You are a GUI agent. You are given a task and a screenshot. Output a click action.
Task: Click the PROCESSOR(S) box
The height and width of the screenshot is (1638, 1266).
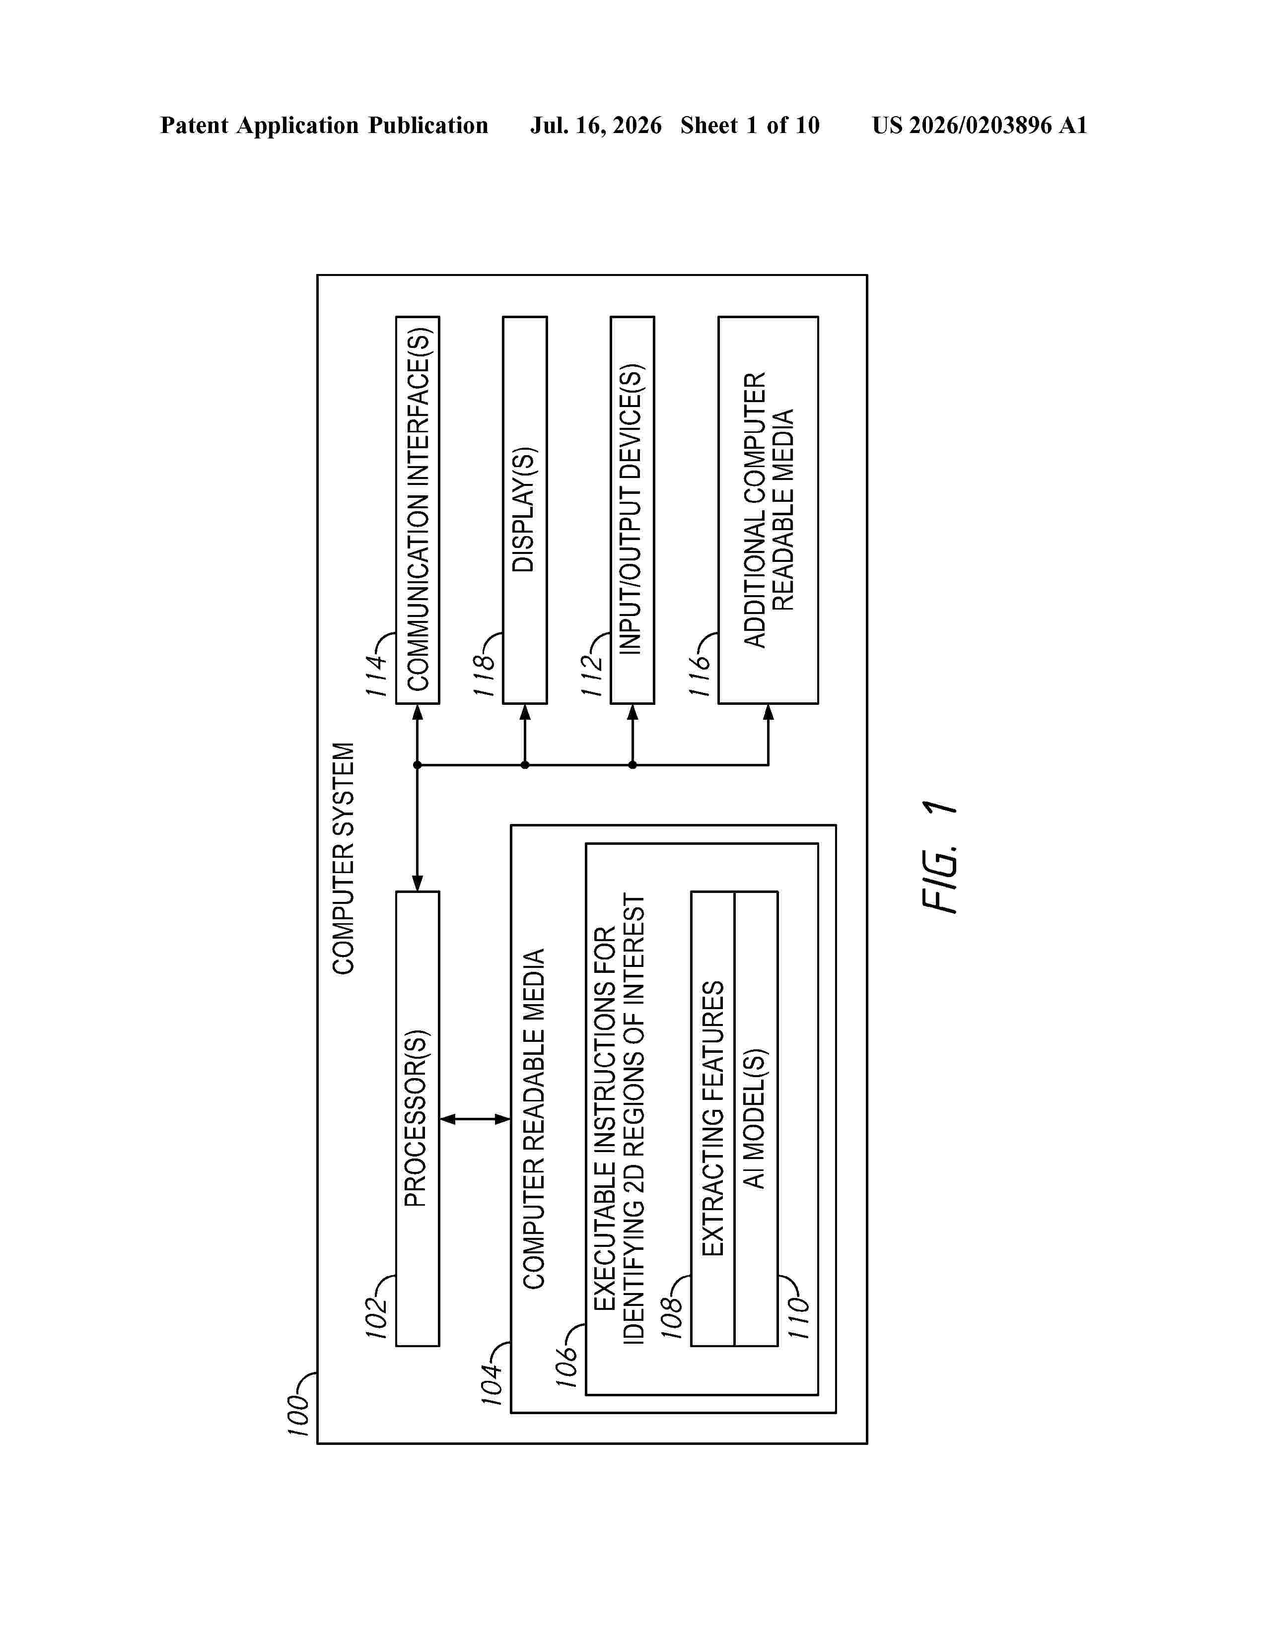(x=418, y=1118)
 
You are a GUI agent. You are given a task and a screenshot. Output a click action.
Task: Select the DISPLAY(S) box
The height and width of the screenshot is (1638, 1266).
(x=525, y=510)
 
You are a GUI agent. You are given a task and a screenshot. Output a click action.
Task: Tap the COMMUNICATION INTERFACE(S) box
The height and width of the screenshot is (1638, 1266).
(x=418, y=510)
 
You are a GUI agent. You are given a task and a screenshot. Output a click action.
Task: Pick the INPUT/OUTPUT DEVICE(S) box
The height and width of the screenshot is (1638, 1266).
(x=632, y=510)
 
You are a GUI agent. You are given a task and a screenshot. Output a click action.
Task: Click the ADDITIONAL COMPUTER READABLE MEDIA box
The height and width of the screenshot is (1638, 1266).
(x=768, y=510)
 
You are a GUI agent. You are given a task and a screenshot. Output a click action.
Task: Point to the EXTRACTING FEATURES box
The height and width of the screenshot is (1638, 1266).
(x=712, y=1118)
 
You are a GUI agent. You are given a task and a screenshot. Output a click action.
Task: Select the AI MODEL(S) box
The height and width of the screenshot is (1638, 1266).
(x=756, y=1118)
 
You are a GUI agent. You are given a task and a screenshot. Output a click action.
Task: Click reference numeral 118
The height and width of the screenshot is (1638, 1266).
(x=485, y=675)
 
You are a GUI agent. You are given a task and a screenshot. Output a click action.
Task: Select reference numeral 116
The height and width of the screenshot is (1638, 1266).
(x=700, y=675)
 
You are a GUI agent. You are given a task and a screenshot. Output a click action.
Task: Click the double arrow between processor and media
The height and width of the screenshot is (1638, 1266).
(x=475, y=1119)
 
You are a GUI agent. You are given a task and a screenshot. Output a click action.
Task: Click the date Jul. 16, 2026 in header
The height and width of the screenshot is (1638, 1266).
(x=596, y=125)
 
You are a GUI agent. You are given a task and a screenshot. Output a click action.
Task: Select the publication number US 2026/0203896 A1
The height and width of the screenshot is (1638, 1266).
(x=980, y=125)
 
